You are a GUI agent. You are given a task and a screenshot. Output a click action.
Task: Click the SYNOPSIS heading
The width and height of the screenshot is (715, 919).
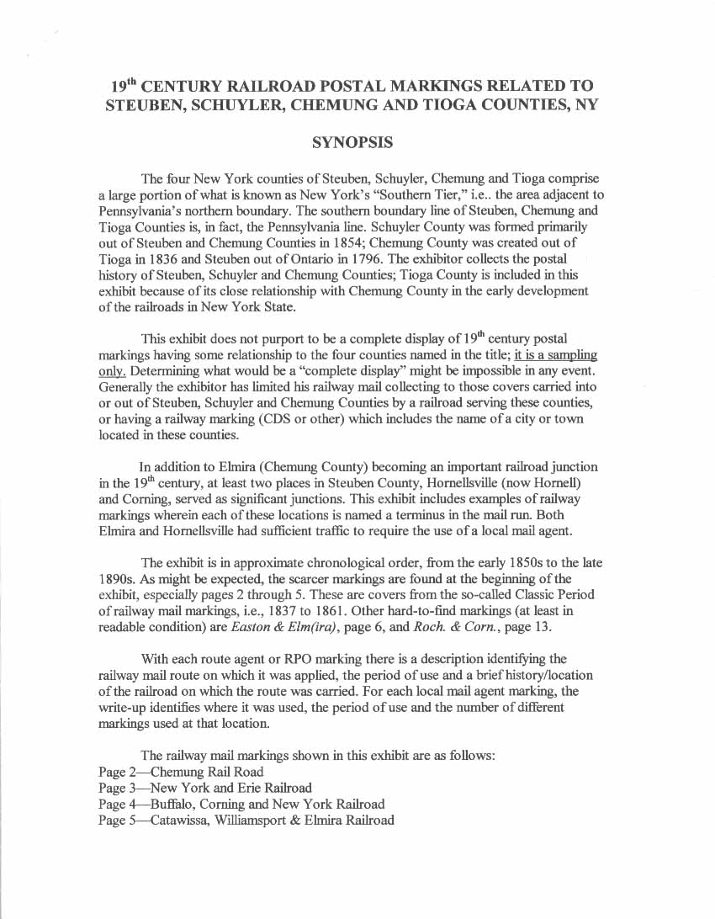pyautogui.click(x=352, y=143)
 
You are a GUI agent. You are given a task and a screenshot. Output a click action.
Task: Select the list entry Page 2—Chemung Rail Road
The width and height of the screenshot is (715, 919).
pyautogui.click(x=181, y=771)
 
